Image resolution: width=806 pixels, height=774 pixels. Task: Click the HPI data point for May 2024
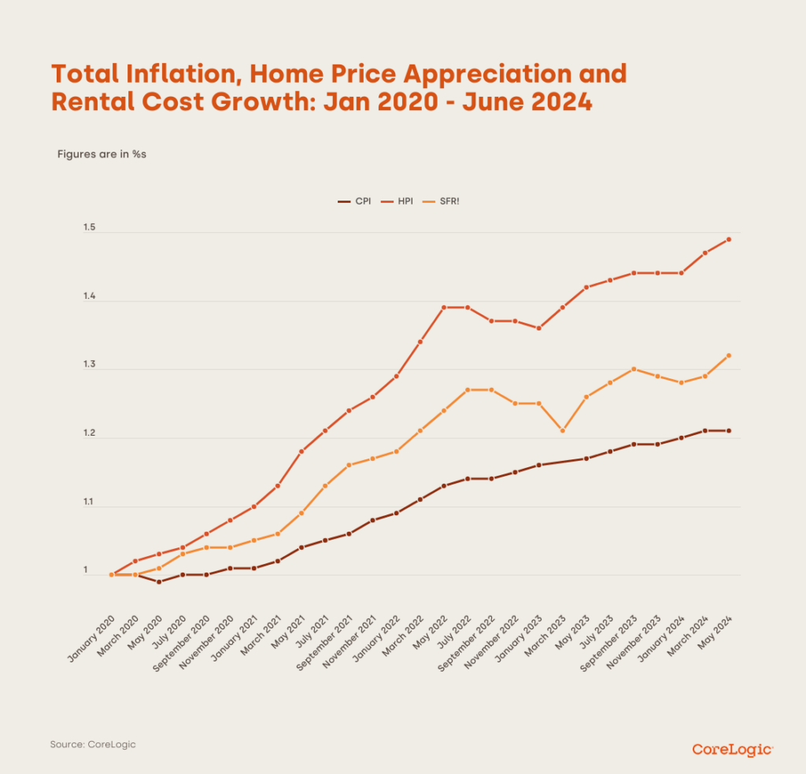729,239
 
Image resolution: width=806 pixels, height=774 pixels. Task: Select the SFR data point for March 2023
562,430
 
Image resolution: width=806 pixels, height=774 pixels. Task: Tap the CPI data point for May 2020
159,581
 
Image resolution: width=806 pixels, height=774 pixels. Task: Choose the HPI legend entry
398,202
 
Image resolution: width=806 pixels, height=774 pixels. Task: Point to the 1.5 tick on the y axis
89,228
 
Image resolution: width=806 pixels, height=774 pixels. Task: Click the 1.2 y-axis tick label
89,433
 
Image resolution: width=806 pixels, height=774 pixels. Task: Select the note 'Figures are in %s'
102,153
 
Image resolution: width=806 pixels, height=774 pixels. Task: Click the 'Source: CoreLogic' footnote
87,744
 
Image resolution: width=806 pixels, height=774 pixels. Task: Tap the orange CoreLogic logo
733,749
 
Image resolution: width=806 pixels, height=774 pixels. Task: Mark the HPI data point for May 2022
444,307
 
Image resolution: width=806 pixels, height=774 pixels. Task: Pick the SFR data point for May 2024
729,356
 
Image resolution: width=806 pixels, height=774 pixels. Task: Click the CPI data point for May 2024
729,430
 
